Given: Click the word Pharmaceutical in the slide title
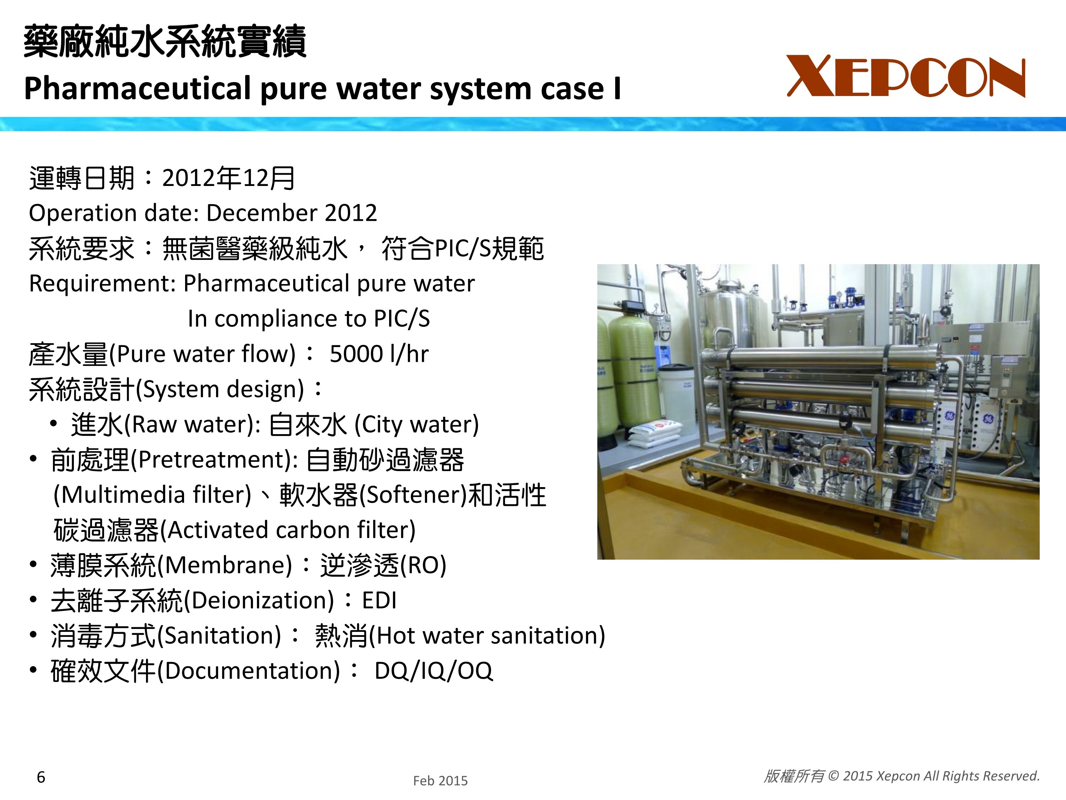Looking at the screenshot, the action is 138,89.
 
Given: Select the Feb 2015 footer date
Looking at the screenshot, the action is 440,781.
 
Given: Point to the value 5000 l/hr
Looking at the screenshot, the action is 379,353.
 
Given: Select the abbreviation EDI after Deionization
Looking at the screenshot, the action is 379,601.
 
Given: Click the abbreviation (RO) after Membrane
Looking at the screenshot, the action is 423,565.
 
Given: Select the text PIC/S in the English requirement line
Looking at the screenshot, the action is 402,319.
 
